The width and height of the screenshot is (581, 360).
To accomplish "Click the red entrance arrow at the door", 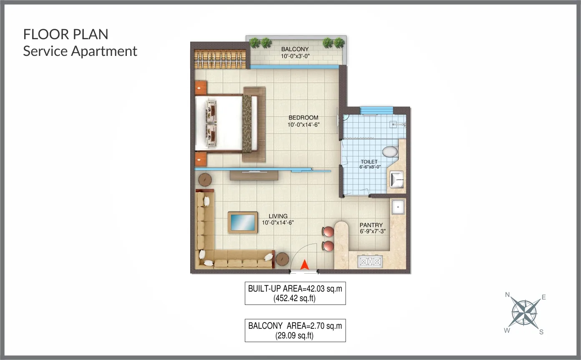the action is pos(304,264).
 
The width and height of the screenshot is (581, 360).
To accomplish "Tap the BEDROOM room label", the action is pos(303,118).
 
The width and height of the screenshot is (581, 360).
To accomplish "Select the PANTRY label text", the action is pos(371,225).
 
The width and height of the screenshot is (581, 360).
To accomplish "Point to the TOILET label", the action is pos(369,161).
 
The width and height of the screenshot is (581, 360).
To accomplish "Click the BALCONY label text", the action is pos(295,49).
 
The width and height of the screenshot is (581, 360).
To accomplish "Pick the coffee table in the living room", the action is pos(243,222).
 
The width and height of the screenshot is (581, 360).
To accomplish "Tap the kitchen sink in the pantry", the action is pos(398,207).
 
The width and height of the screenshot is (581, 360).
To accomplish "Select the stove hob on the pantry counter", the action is pos(370,262).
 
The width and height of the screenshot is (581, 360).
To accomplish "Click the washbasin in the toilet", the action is pos(397,179).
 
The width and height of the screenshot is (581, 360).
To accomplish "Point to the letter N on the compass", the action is pos(507,295).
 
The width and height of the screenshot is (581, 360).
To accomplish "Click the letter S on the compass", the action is pos(541,332).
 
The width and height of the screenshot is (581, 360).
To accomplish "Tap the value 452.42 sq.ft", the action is pos(294,298).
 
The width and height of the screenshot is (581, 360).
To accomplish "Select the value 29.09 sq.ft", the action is pos(294,336).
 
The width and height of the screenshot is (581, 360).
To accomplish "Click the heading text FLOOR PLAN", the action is pos(65,34).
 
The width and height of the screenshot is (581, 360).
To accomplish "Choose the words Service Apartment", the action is pos(80,51).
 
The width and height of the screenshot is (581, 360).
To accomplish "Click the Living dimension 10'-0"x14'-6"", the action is pos(278,222).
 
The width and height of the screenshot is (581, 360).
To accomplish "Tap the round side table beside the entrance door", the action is pos(282,259).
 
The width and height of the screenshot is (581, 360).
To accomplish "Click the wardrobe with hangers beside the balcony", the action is pos(220,59).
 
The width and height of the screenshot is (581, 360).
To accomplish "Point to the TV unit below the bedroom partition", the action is pos(254,175).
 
